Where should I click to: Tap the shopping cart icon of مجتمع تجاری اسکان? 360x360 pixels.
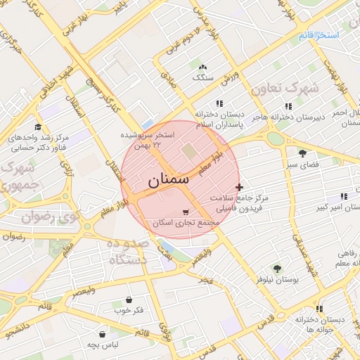tap(186, 212)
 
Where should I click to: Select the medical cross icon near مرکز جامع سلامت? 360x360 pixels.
tap(240, 187)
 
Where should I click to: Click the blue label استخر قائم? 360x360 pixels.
tap(318, 34)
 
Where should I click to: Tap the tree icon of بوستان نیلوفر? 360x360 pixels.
tap(276, 268)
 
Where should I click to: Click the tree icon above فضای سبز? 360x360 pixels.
tap(302, 153)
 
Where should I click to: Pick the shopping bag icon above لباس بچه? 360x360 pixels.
tap(103, 334)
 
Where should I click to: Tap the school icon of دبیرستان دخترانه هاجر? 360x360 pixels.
tap(288, 106)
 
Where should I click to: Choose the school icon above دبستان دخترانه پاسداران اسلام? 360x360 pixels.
tap(220, 103)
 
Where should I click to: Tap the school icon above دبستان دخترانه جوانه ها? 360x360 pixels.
tap(320, 308)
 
